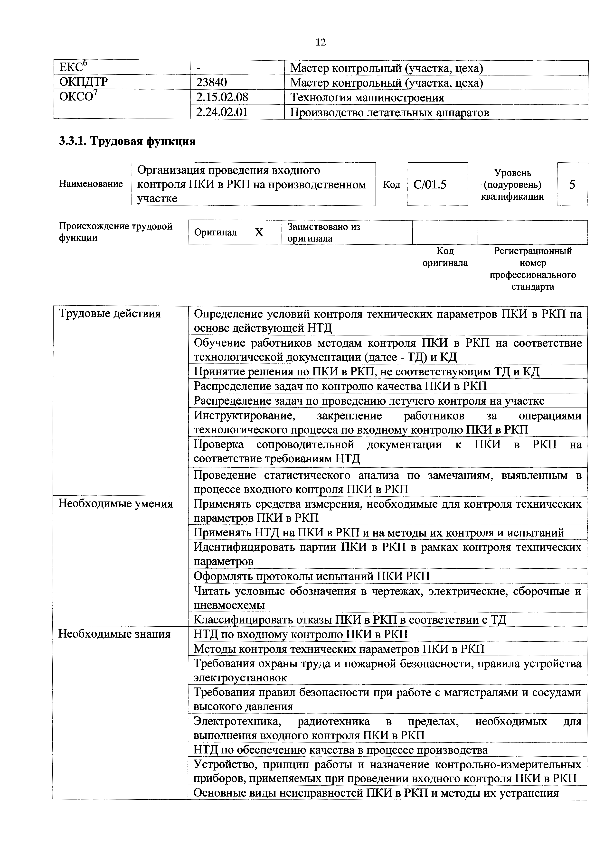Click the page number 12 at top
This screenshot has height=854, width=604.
click(321, 42)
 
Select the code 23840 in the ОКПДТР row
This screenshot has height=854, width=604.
click(211, 83)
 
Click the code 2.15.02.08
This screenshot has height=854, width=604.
click(222, 97)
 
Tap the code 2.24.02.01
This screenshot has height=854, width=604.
click(222, 112)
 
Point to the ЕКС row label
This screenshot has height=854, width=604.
click(73, 68)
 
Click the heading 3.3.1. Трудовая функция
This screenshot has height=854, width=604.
click(127, 141)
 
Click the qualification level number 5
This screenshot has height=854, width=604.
click(572, 185)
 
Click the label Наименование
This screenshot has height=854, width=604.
click(91, 184)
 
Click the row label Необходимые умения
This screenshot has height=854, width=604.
click(115, 504)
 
